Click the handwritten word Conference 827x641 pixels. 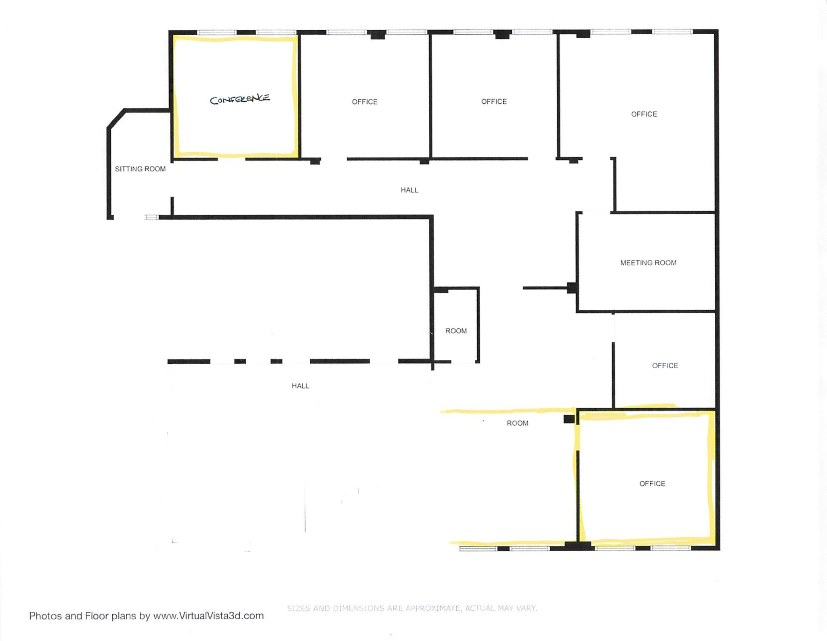point(240,99)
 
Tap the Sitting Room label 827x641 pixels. point(140,169)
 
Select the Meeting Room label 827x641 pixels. point(648,263)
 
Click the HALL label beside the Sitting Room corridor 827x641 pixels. point(409,190)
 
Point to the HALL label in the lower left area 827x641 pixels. point(300,386)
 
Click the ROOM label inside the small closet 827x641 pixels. point(456,331)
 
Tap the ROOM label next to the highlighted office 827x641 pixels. point(517,423)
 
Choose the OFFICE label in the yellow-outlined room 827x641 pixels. point(652,483)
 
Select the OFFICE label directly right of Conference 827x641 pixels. point(365,102)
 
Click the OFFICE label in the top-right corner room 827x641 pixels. point(644,114)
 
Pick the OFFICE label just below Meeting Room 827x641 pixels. point(665,365)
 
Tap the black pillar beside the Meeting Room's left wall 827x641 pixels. point(571,288)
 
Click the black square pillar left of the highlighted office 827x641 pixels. point(569,419)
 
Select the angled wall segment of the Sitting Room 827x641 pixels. point(115,119)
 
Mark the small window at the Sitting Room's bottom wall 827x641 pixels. point(151,217)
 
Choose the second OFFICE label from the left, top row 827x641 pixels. point(494,102)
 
